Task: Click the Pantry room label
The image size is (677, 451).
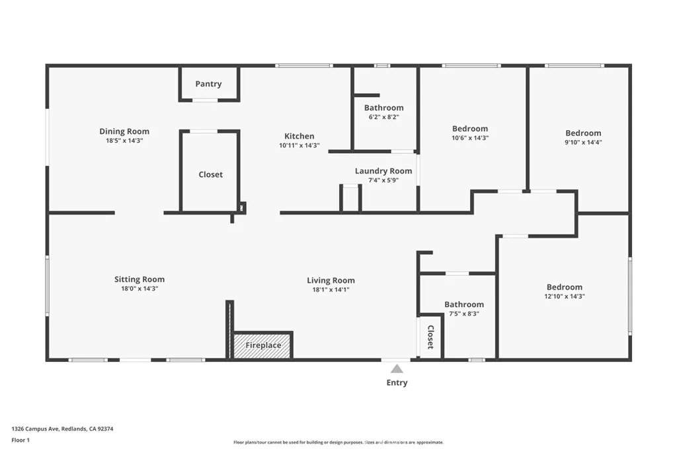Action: (x=208, y=84)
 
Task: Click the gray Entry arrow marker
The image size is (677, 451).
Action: (x=397, y=368)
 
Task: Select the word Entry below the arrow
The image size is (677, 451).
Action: (x=397, y=382)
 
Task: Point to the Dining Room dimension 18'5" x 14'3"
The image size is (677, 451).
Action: (x=124, y=141)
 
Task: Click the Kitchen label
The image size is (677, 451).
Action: (x=299, y=136)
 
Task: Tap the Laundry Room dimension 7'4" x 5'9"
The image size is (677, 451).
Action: (x=383, y=180)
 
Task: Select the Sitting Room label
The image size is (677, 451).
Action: (x=139, y=279)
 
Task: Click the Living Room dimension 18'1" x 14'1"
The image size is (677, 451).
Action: (x=331, y=290)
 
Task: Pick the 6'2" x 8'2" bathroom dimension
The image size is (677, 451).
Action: (x=384, y=117)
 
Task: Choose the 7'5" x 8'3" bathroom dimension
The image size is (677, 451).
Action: (x=464, y=314)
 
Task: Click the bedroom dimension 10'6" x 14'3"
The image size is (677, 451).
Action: (x=470, y=138)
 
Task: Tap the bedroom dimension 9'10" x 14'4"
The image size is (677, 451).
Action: (x=583, y=142)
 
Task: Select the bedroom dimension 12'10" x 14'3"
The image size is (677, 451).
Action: (x=565, y=296)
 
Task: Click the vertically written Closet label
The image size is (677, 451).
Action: (x=430, y=337)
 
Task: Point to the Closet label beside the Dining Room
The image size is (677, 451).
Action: (x=211, y=174)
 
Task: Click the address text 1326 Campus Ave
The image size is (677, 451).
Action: (x=35, y=429)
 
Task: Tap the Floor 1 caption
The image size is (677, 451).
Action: (x=20, y=440)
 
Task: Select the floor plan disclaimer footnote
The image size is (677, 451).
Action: (x=338, y=442)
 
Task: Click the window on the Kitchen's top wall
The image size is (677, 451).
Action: (x=304, y=65)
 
